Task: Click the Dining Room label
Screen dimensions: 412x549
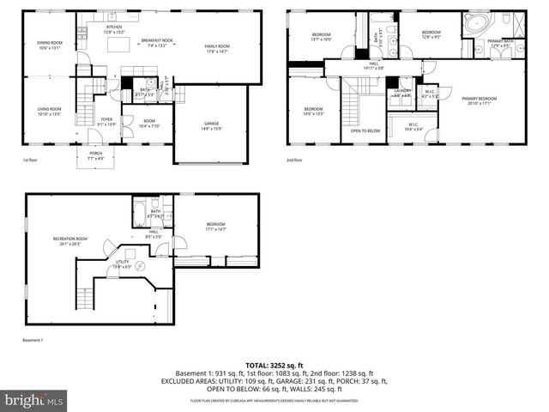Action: [49, 45]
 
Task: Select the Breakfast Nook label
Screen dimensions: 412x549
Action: [157, 44]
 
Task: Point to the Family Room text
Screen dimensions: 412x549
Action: [216, 48]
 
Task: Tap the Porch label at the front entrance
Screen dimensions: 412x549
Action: [95, 155]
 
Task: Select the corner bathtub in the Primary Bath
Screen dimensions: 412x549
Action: [476, 22]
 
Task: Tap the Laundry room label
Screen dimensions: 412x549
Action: [402, 91]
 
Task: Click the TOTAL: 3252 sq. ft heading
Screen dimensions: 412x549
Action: [274, 366]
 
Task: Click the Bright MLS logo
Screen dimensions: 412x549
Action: [34, 400]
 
